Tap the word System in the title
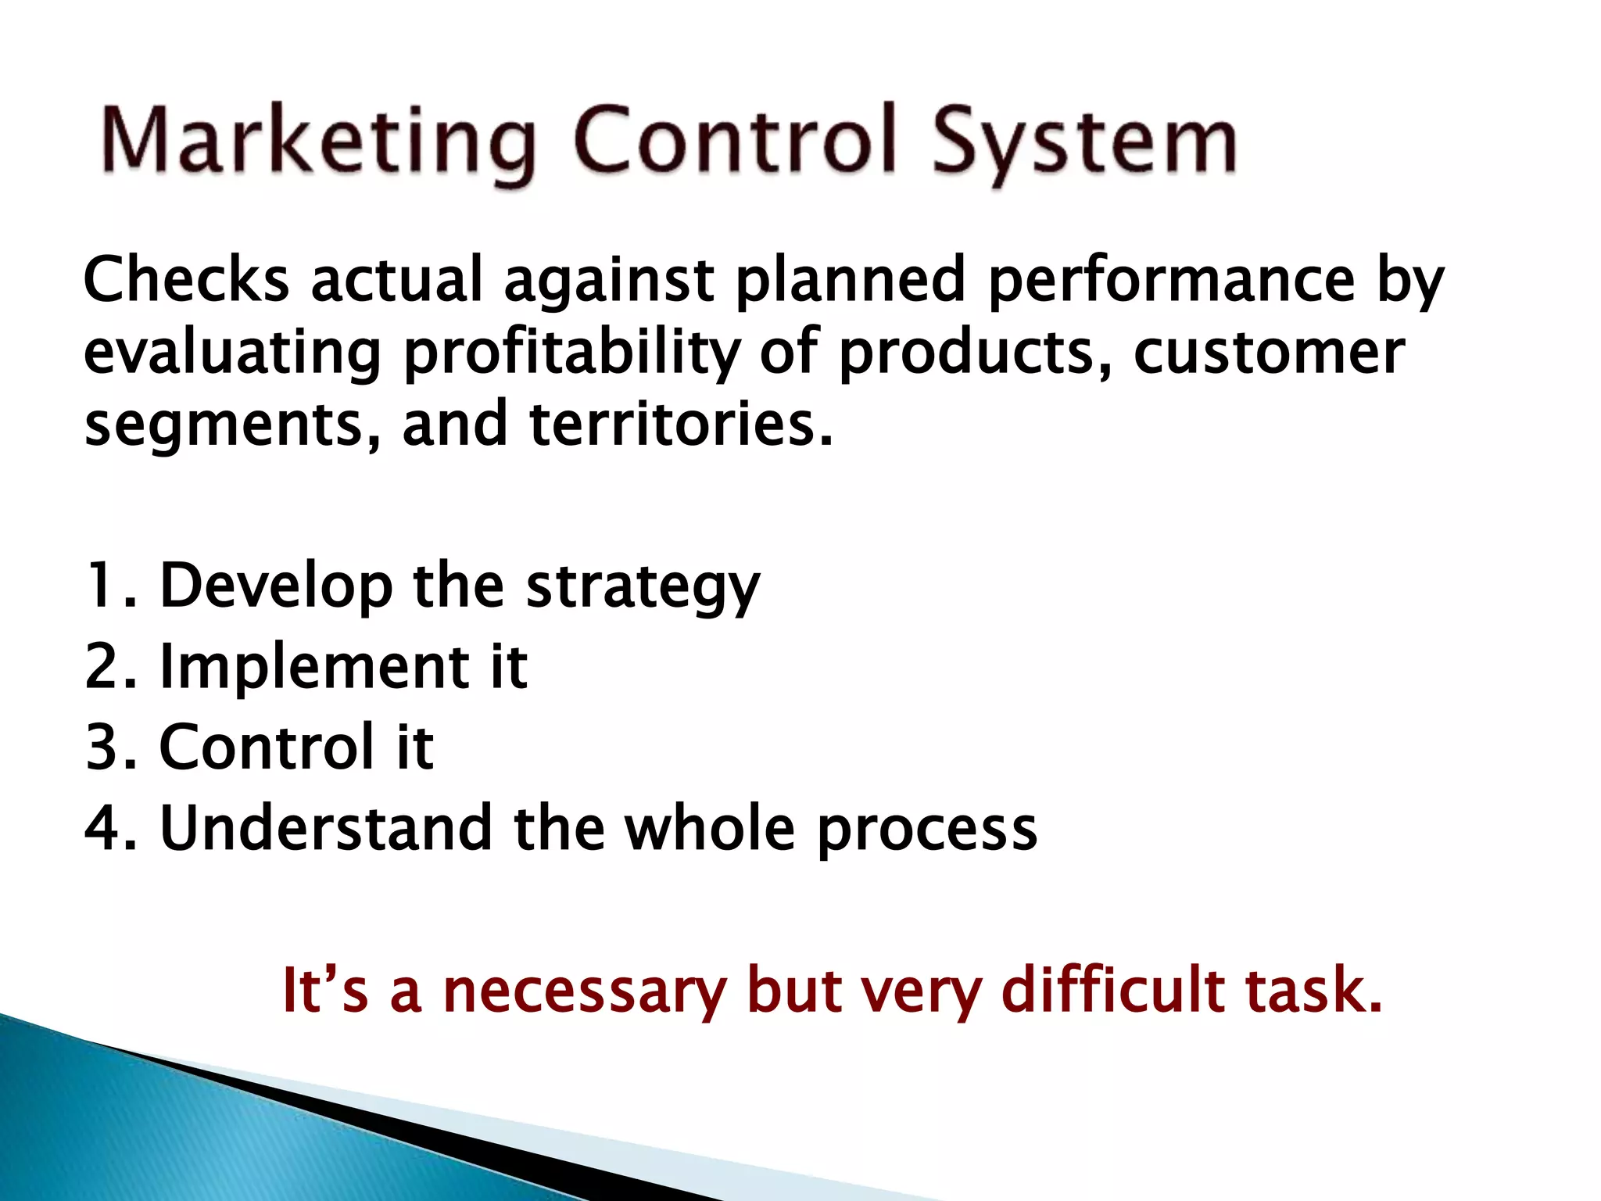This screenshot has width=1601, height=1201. [x=1084, y=143]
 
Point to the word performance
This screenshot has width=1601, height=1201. [x=1171, y=279]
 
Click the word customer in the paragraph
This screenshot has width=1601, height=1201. [x=1269, y=353]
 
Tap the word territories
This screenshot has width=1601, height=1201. [x=681, y=425]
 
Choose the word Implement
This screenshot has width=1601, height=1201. [x=313, y=667]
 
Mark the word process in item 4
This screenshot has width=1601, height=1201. [x=927, y=830]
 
